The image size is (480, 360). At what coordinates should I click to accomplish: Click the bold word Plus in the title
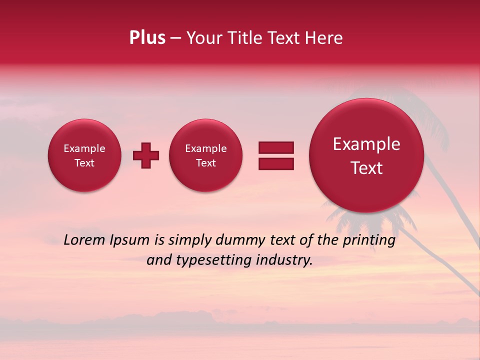coord(147,38)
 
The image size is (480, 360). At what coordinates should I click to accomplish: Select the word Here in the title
coord(323,38)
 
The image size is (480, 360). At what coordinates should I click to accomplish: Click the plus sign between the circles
coord(146,155)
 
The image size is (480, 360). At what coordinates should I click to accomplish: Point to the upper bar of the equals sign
coord(276,147)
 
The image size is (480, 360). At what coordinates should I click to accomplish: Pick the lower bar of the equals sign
coord(276,163)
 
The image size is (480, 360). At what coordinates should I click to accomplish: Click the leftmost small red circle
coord(84,155)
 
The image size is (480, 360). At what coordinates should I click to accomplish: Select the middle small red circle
coord(206,155)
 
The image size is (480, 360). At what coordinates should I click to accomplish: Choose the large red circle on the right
coord(366,155)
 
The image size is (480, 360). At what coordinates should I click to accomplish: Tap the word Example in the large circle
coord(366,144)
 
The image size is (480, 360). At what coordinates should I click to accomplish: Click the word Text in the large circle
coord(366,168)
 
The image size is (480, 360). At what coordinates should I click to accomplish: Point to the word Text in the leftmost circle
coord(84,163)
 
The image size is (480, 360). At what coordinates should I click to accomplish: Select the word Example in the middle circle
coord(206,148)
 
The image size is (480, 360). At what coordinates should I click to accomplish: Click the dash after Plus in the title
coord(175,38)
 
